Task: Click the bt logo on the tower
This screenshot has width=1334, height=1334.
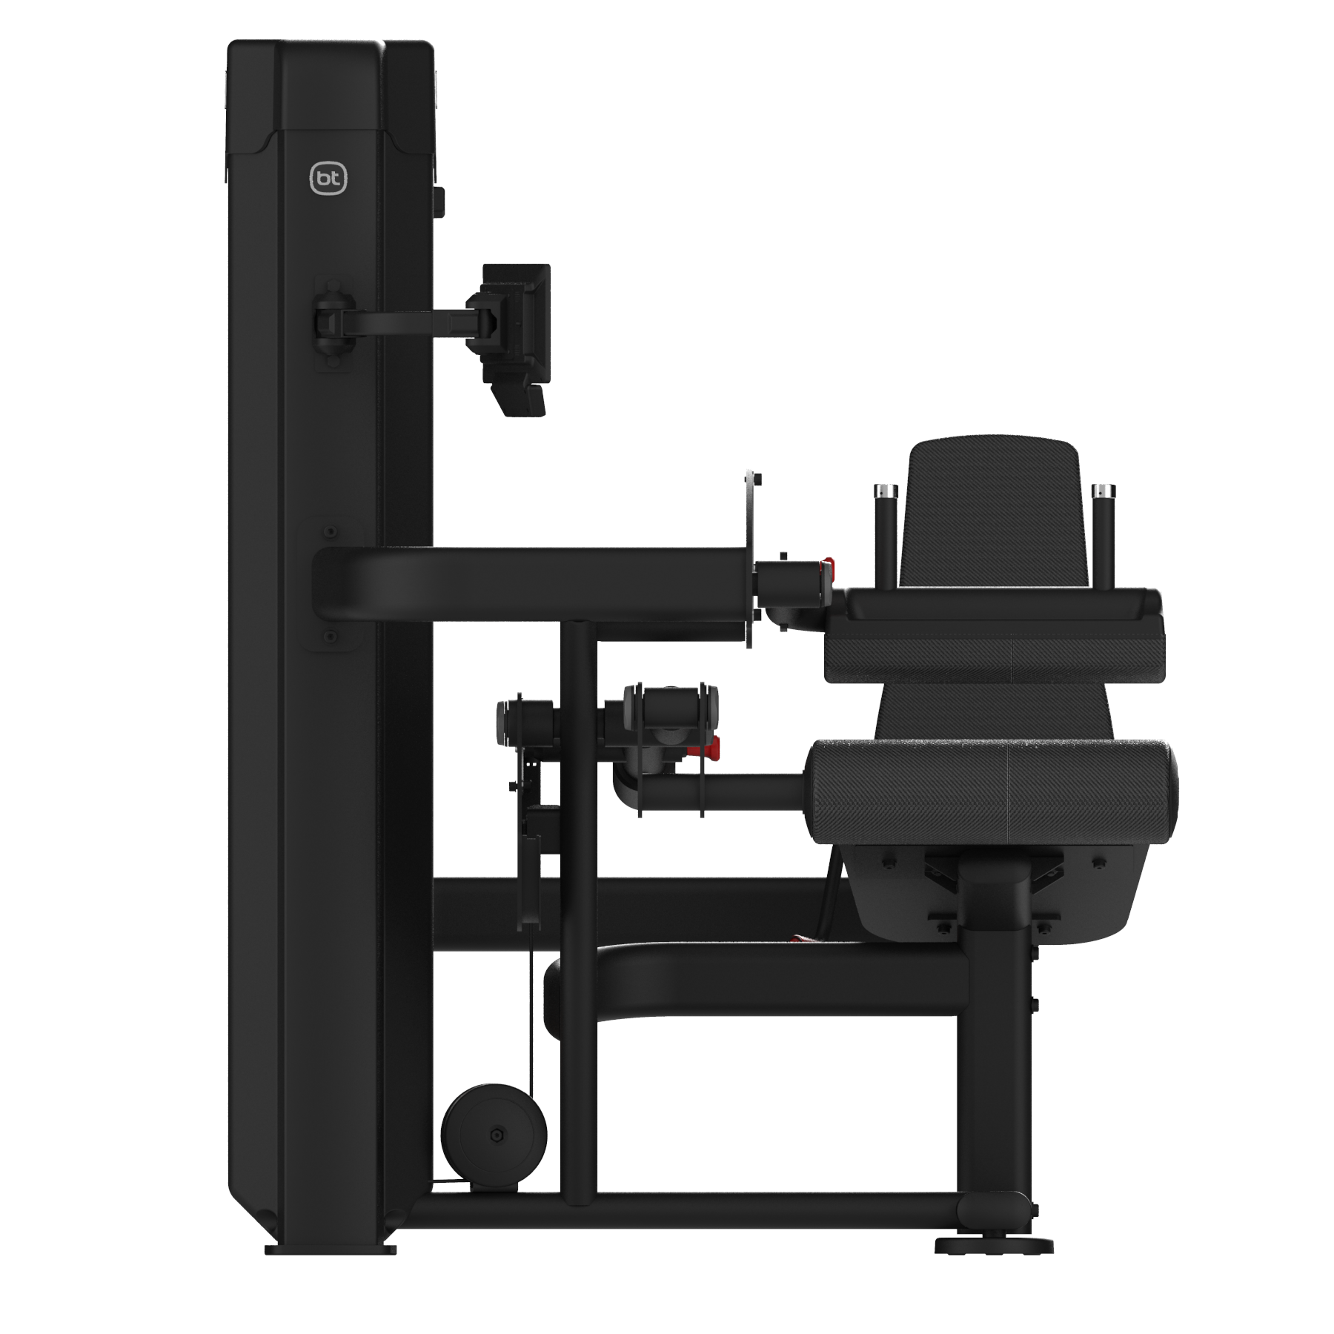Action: coord(328,178)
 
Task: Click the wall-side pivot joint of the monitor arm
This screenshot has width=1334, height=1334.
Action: coord(331,323)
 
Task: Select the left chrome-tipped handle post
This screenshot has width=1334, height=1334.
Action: coord(886,534)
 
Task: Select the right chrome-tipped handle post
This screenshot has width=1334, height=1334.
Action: coord(1103,534)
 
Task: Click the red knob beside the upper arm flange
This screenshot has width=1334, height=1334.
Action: coord(828,569)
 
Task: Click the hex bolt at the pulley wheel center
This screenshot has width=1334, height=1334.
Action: coord(495,1136)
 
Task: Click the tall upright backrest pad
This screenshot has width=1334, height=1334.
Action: coord(993,511)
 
